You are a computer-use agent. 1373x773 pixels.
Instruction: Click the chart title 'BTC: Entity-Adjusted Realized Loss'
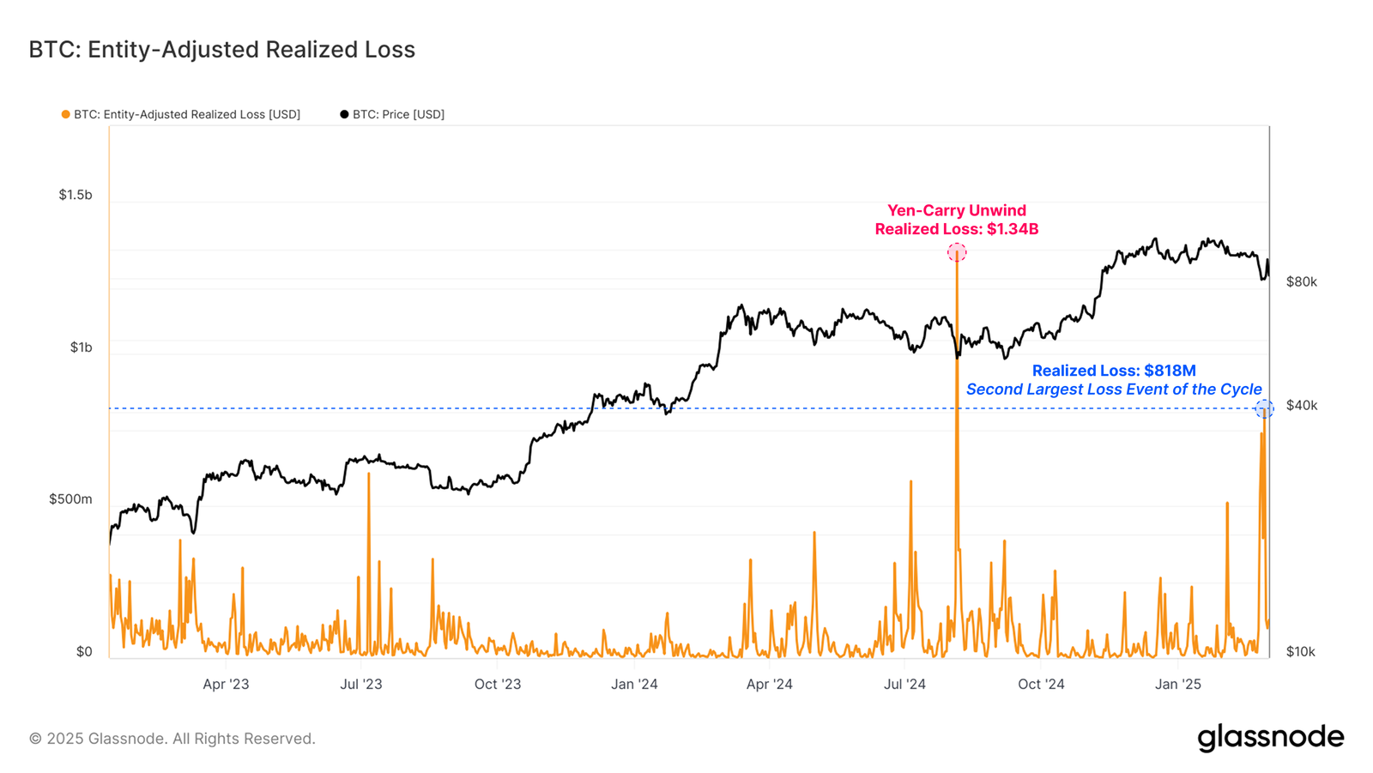point(221,50)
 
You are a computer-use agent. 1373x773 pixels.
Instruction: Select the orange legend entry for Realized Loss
point(181,114)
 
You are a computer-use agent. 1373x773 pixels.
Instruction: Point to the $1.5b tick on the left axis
point(76,195)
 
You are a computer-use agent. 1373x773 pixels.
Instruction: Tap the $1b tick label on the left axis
point(81,347)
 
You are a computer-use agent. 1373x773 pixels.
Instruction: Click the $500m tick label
point(70,499)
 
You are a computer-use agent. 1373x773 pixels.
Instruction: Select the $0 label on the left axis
point(83,652)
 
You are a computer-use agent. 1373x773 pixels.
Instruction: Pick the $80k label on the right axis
point(1301,281)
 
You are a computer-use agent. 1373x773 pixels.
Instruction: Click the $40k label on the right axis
point(1301,405)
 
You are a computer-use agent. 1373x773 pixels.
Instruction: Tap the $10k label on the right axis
point(1300,652)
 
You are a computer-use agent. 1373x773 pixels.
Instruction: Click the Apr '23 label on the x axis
point(226,684)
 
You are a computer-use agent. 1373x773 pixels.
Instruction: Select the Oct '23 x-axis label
point(498,684)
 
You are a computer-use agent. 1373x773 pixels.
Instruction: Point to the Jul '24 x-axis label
point(904,684)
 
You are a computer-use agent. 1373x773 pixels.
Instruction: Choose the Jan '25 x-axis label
point(1178,684)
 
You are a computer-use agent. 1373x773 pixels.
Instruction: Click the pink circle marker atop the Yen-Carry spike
point(957,252)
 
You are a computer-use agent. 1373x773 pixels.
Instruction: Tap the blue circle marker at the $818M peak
point(1264,409)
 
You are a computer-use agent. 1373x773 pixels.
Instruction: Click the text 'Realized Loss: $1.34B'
point(956,229)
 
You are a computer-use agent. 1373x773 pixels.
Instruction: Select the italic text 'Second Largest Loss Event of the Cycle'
point(1113,390)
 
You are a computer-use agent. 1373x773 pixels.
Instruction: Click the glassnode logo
point(1270,738)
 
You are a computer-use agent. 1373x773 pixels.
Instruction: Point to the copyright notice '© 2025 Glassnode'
point(172,739)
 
